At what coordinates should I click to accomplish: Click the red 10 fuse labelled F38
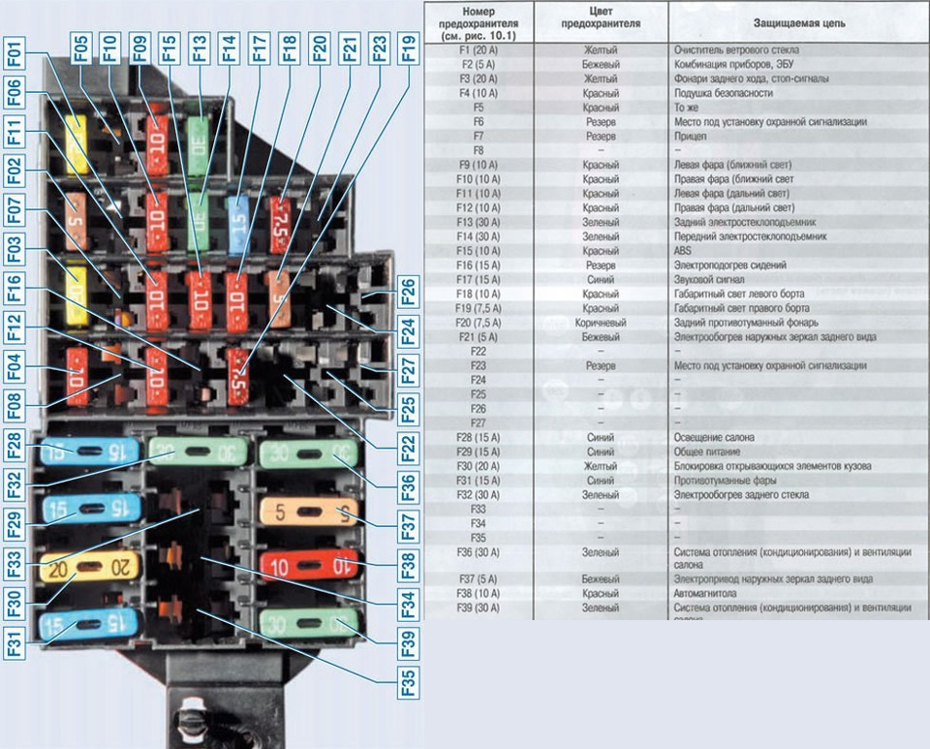308,565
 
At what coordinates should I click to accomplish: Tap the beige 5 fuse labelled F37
308,512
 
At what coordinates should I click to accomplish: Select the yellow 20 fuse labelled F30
89,567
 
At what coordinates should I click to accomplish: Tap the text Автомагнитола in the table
706,593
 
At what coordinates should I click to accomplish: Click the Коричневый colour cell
601,323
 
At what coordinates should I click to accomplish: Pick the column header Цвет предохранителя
601,21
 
